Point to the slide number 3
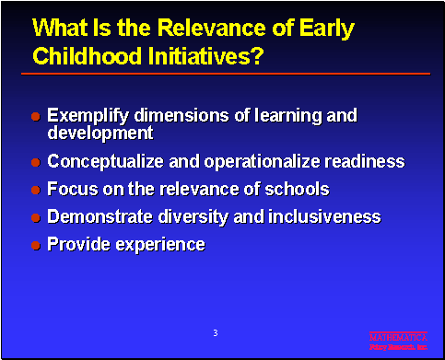pyautogui.click(x=215, y=332)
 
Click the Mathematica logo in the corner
pyautogui.click(x=398, y=342)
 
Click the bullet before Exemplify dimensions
pyautogui.click(x=35, y=118)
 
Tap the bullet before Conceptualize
pyautogui.click(x=35, y=163)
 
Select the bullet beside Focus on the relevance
pyautogui.click(x=35, y=191)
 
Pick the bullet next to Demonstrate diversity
pyautogui.click(x=35, y=218)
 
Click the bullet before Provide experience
pyautogui.click(x=35, y=246)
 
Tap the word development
pyautogui.click(x=100, y=134)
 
